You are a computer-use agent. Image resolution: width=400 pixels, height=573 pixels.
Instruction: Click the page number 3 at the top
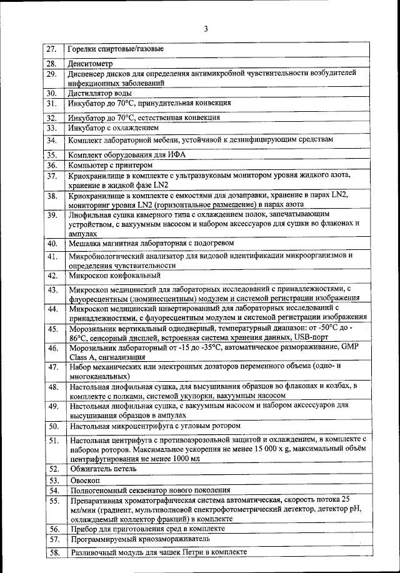(x=204, y=28)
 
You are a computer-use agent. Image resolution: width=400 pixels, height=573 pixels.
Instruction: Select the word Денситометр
(x=89, y=64)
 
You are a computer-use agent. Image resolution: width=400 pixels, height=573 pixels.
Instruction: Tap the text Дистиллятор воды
(x=99, y=93)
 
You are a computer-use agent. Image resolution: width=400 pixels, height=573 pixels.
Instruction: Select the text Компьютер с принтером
(x=110, y=166)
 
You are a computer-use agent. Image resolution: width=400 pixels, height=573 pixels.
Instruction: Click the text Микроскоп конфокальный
(x=115, y=276)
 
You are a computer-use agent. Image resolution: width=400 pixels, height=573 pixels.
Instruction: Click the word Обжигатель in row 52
(x=92, y=469)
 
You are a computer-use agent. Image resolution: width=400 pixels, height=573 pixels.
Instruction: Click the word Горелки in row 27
(x=84, y=49)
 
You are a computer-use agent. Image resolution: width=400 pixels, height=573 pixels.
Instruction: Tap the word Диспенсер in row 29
(x=89, y=73)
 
